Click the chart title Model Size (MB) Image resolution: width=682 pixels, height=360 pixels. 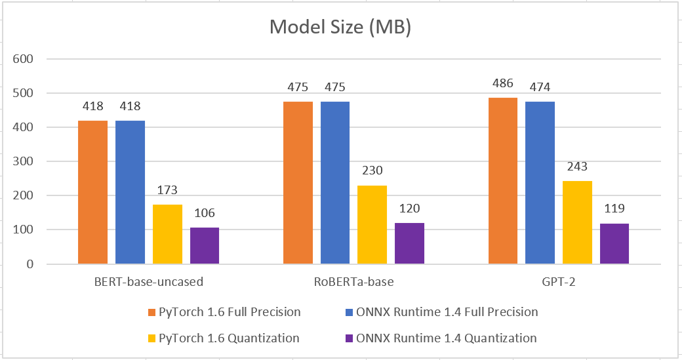click(x=340, y=29)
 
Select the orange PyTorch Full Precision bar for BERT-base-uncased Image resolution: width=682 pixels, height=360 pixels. click(x=92, y=192)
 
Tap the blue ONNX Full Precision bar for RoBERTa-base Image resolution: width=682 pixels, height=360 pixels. click(x=334, y=182)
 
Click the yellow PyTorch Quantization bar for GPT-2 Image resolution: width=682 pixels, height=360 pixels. click(x=577, y=222)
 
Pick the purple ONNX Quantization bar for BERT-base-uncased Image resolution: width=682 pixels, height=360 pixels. click(x=205, y=246)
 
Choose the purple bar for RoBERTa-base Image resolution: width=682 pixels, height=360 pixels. click(x=409, y=243)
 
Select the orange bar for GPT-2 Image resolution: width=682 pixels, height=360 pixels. click(x=502, y=181)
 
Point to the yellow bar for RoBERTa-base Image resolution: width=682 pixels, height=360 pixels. click(x=372, y=224)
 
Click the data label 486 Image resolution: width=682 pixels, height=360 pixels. click(x=502, y=84)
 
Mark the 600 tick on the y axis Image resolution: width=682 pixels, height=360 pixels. click(x=24, y=59)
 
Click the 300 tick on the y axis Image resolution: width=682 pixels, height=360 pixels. click(x=24, y=161)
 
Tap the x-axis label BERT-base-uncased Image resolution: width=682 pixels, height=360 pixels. click(x=148, y=283)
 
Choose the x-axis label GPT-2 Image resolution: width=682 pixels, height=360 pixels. click(x=558, y=283)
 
